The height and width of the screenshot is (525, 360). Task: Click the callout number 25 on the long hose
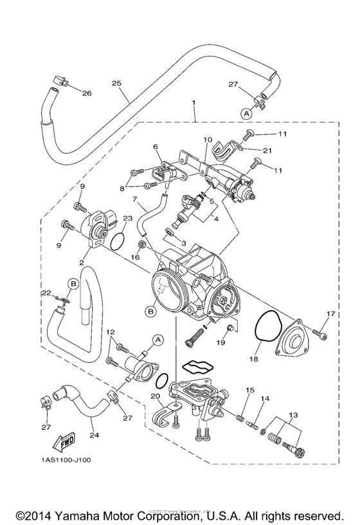pyautogui.click(x=116, y=83)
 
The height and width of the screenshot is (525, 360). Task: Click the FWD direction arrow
pyautogui.click(x=63, y=443)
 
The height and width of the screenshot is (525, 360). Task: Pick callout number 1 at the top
pyautogui.click(x=194, y=102)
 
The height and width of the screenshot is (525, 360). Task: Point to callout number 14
pyautogui.click(x=264, y=400)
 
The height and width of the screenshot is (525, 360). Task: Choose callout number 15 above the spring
pyautogui.click(x=249, y=390)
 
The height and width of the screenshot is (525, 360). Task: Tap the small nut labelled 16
pyautogui.click(x=141, y=244)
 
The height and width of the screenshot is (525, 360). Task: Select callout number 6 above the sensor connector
pyautogui.click(x=155, y=147)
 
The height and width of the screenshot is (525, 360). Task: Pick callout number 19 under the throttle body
pyautogui.click(x=220, y=344)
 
